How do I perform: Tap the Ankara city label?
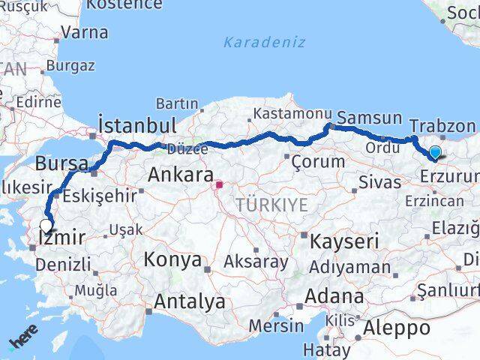pyautogui.click(x=181, y=175)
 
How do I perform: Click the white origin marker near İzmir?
pyautogui.click(x=46, y=224)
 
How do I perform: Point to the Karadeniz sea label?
pyautogui.click(x=264, y=42)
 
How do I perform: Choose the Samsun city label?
pyautogui.click(x=370, y=118)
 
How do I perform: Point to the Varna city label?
pyautogui.click(x=84, y=32)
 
